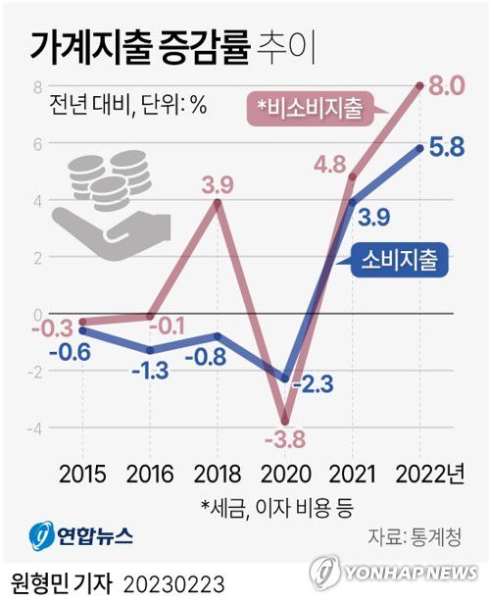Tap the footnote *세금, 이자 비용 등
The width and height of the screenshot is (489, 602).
(277, 507)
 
